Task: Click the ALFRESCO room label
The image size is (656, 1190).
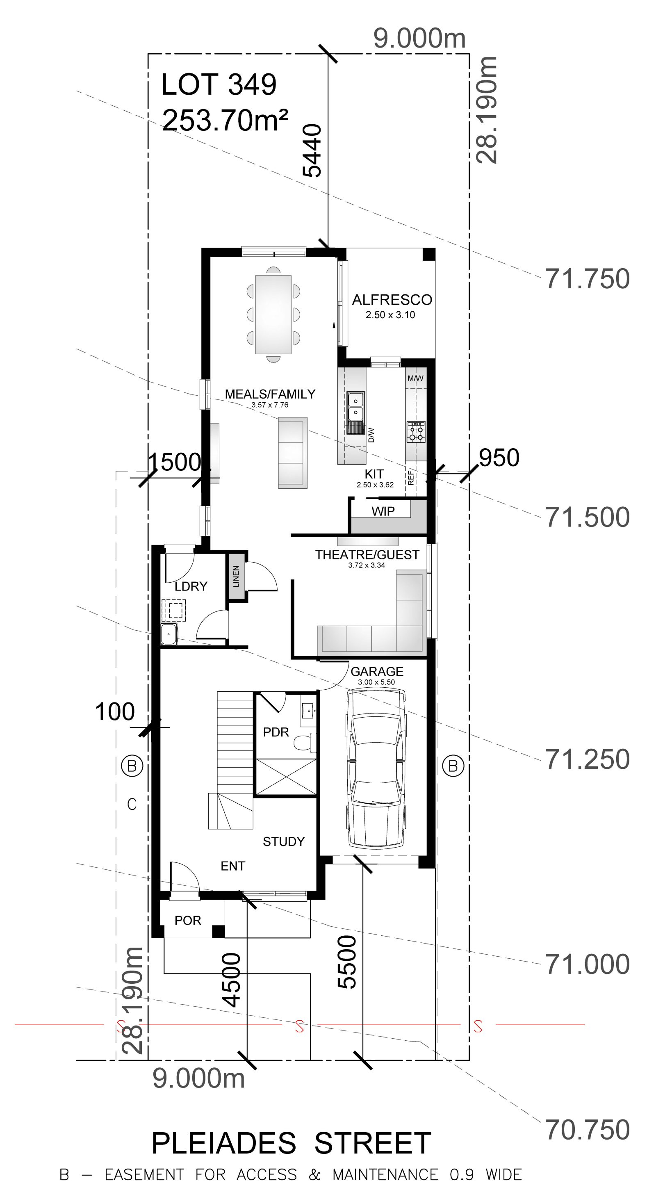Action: click(392, 300)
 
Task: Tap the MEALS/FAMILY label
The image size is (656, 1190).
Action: click(270, 394)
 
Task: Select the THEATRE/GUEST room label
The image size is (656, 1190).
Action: click(367, 555)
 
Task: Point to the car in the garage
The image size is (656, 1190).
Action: click(376, 768)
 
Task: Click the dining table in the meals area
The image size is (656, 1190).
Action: click(273, 314)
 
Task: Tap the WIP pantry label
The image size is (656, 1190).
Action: click(383, 511)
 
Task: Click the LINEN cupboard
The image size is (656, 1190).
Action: click(237, 576)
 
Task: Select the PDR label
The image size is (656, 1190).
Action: click(276, 732)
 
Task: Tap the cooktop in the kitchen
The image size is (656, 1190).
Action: click(416, 431)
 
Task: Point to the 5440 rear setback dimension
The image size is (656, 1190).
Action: click(312, 150)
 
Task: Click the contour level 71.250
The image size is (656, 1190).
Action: click(588, 759)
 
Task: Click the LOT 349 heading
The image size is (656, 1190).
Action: click(219, 84)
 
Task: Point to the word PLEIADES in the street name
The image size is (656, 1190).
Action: click(223, 1144)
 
